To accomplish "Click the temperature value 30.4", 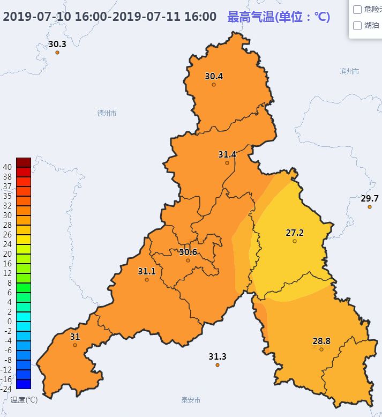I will click(x=214, y=76).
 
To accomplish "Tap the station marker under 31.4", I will click(x=227, y=163).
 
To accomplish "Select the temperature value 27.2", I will click(x=295, y=233).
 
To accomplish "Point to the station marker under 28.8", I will click(x=321, y=349).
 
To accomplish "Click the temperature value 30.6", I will click(x=188, y=252).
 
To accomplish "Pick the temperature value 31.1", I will click(x=147, y=271).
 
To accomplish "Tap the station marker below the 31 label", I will click(x=75, y=345).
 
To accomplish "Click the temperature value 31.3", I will click(x=218, y=356).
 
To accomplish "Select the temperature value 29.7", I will click(x=370, y=198).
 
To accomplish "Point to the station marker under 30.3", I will click(x=57, y=53).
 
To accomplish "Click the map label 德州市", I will click(x=107, y=113).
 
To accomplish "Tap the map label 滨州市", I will click(x=349, y=71).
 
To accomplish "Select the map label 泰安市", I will click(x=191, y=400).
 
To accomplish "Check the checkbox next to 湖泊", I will click(x=357, y=25).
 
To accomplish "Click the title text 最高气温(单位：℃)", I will click(x=279, y=17).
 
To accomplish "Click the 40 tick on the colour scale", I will click(x=8, y=167).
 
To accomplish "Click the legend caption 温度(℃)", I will click(x=24, y=400).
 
